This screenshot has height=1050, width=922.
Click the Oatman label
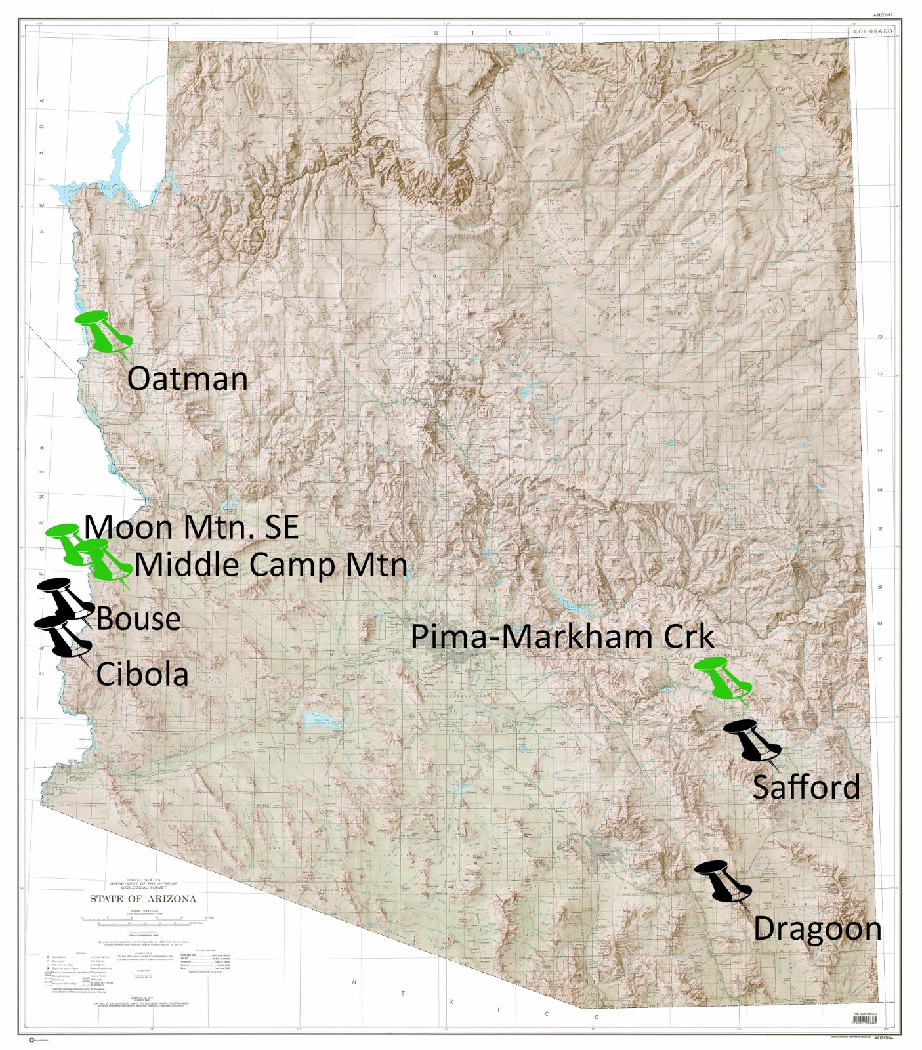click(187, 379)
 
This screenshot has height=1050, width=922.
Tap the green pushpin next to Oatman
click(105, 331)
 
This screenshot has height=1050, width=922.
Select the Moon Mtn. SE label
click(192, 527)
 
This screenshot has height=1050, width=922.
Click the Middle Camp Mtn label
click(270, 565)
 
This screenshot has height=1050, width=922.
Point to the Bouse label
click(138, 619)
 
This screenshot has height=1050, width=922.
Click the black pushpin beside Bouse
click(66, 597)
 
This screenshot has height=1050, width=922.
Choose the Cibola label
click(142, 675)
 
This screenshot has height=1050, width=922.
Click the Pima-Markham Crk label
click(562, 637)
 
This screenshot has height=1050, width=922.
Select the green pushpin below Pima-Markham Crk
click(722, 678)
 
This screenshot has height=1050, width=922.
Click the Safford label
click(806, 787)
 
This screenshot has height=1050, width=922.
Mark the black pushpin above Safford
click(752, 740)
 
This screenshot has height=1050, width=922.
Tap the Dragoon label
click(817, 929)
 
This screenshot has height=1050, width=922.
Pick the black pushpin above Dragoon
click(723, 882)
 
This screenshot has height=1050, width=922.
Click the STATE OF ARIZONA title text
click(142, 899)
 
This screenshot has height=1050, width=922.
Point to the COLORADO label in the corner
click(873, 31)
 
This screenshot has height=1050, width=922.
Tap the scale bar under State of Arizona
click(143, 919)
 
